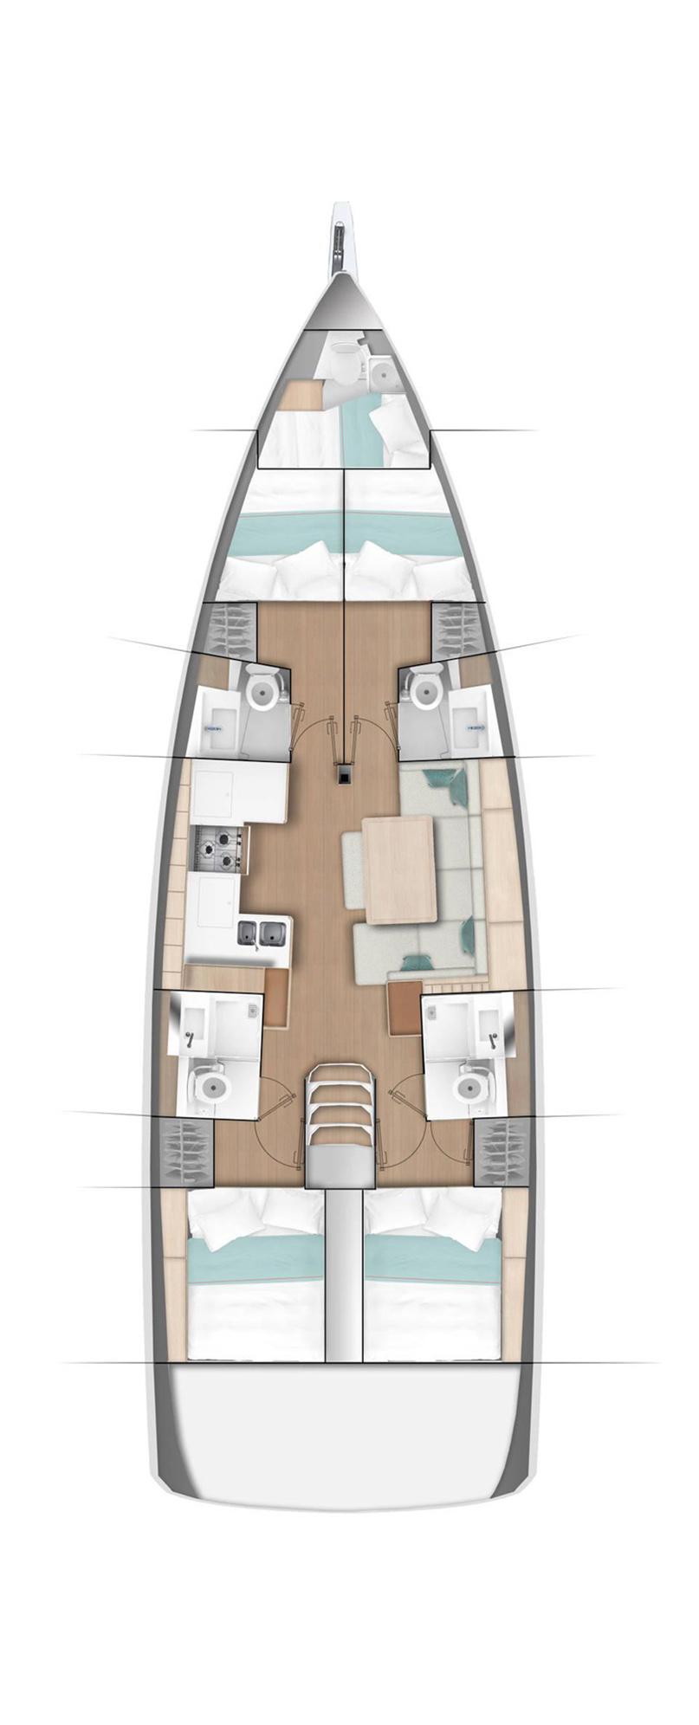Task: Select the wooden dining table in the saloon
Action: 399,869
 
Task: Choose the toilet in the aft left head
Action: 210,1088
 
